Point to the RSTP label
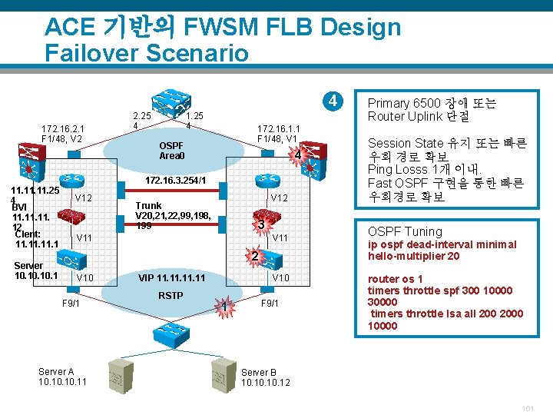click(x=171, y=294)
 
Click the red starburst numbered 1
click(x=224, y=309)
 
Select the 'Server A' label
click(x=56, y=372)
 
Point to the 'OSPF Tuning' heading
click(x=405, y=231)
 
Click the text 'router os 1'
click(x=396, y=279)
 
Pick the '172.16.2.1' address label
click(x=63, y=128)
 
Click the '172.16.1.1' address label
click(x=279, y=128)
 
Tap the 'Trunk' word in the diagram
click(x=148, y=205)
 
